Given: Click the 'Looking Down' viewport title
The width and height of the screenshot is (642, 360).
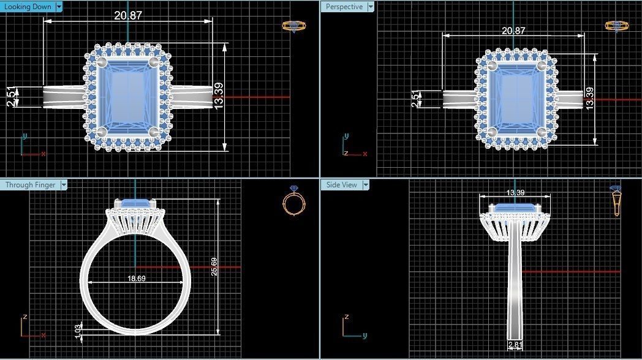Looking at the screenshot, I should [28, 7].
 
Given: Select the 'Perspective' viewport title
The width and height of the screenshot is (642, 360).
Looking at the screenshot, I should [344, 7].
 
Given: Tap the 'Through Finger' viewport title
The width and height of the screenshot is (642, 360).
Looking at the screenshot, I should [30, 184].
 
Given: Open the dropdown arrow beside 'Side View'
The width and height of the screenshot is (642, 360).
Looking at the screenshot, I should [366, 184].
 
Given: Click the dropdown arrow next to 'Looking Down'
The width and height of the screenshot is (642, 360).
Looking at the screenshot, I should [59, 7].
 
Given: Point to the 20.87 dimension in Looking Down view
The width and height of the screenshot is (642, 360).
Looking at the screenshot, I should [127, 15].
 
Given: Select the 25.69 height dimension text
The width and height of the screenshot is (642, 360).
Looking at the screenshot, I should [214, 266].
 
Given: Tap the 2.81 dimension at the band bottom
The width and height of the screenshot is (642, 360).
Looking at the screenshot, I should [515, 345].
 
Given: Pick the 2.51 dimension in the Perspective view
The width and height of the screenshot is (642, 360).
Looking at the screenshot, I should [417, 98].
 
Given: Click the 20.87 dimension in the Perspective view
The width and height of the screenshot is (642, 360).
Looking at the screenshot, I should [513, 31].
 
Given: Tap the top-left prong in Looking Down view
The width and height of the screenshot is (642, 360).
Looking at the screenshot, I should [102, 62].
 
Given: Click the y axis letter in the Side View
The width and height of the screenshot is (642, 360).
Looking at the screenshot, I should [364, 336].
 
